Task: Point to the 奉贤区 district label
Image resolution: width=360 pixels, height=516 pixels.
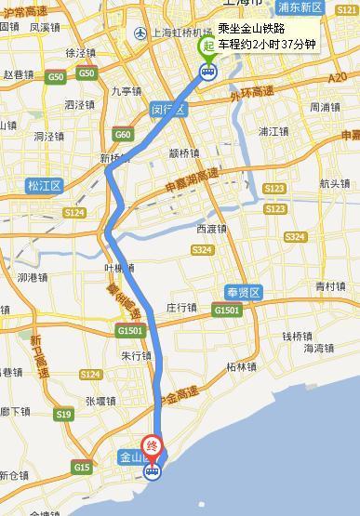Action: [248, 292]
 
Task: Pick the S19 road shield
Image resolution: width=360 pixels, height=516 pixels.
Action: [64, 415]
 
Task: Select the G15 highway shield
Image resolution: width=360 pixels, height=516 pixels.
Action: [82, 466]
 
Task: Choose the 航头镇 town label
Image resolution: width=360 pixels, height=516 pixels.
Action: [333, 183]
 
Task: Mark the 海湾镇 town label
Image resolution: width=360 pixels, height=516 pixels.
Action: [318, 348]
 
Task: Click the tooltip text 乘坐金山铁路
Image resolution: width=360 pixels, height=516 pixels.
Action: [250, 29]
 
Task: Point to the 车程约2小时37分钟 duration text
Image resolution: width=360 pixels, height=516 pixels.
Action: [266, 43]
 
